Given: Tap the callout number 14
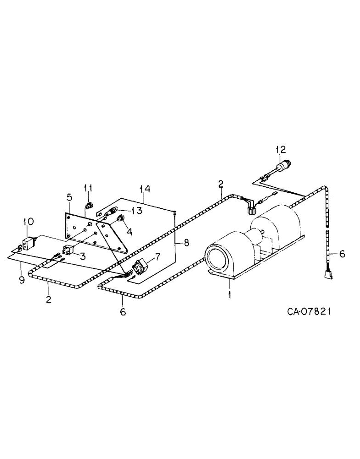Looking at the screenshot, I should tap(145, 188).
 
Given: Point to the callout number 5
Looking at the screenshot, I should tap(69, 197).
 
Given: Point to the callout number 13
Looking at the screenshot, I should tap(136, 210).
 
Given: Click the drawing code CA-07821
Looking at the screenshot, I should tap(309, 312).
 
